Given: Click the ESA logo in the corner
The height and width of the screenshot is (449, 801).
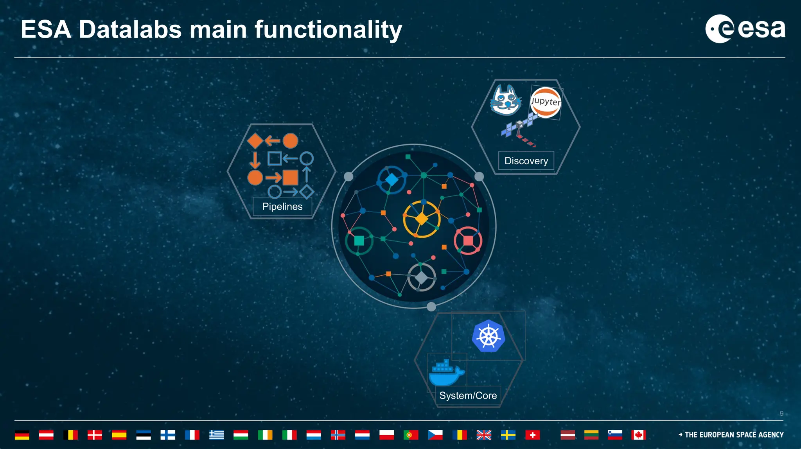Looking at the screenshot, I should point(745,29).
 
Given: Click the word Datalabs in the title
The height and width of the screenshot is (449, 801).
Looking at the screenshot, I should point(130,30).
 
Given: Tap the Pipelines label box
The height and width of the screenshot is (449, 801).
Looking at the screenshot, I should point(282,207).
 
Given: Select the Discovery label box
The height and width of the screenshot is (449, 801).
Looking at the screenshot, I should point(526,161).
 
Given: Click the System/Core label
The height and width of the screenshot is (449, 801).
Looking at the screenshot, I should point(468,395).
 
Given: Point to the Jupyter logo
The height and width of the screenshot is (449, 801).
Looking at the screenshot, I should point(545,102).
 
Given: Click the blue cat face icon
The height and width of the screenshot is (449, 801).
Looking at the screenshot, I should point(506,101).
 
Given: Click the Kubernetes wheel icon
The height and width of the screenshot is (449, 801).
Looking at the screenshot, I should point(488,336).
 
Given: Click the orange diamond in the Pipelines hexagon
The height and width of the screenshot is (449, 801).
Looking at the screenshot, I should point(255,141).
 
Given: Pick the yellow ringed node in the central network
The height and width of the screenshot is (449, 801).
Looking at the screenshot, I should point(422,219).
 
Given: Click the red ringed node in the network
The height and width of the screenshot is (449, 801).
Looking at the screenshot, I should point(468,240).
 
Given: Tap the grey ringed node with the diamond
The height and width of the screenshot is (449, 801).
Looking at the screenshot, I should point(422,277).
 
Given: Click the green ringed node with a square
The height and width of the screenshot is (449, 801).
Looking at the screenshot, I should point(359,241).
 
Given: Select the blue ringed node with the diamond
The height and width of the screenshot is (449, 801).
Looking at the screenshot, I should point(392,180).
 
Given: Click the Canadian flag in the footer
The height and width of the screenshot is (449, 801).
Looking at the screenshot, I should point(638,435).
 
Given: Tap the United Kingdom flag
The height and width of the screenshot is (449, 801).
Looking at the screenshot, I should point(484,435).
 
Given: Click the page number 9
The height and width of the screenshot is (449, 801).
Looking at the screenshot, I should point(781,413).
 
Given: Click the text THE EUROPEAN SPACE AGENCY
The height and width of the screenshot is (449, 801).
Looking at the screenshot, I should point(734,435).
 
